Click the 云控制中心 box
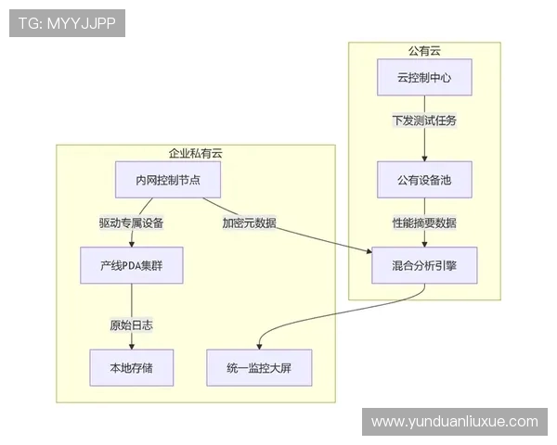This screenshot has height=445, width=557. point(424,78)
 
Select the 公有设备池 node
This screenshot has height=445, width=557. point(424,179)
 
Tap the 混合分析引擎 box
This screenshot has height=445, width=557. point(424,265)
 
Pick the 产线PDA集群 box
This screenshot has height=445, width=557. point(131,265)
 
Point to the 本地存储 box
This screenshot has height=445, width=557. point(131,367)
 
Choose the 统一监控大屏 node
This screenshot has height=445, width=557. point(258,367)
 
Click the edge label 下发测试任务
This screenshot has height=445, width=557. point(424,121)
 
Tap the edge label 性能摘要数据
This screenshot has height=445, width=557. point(424,222)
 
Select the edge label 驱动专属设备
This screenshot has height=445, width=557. point(131,222)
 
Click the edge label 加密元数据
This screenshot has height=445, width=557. point(249,222)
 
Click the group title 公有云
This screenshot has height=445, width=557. point(424,50)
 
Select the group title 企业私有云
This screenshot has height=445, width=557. point(195,153)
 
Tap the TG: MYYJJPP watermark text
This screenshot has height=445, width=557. point(67,23)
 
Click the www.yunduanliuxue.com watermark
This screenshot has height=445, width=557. point(454,422)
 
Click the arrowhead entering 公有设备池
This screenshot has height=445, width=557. point(424,159)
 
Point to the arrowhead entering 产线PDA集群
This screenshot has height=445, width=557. point(131,244)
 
